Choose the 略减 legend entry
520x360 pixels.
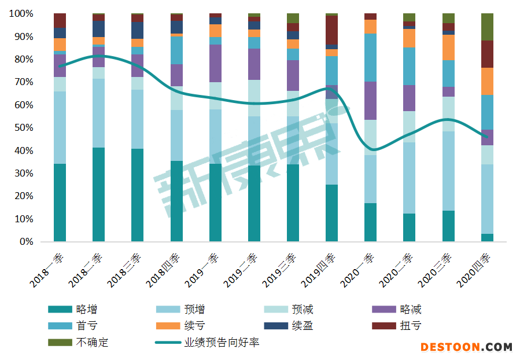point(410,310)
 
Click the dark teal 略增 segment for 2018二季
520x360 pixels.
point(99,194)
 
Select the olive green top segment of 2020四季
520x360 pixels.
point(487,27)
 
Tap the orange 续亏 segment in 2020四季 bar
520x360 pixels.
point(487,81)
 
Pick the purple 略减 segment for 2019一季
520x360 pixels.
point(215,63)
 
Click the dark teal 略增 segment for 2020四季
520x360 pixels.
point(487,237)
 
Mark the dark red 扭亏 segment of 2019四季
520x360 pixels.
point(331,30)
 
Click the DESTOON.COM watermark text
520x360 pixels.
point(466,347)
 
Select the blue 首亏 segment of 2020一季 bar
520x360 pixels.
point(370,57)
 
